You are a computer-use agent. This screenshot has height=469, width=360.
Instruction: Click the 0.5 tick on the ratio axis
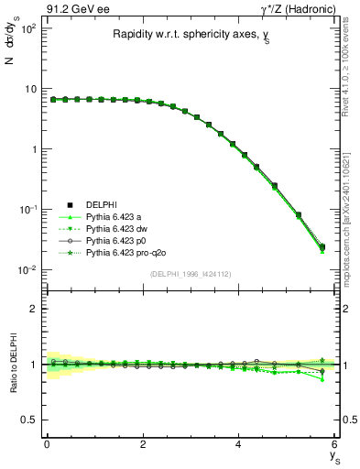pyautogui.click(x=28, y=420)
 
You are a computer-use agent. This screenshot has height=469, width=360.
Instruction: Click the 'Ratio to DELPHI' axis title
pyautogui.click(x=11, y=364)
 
